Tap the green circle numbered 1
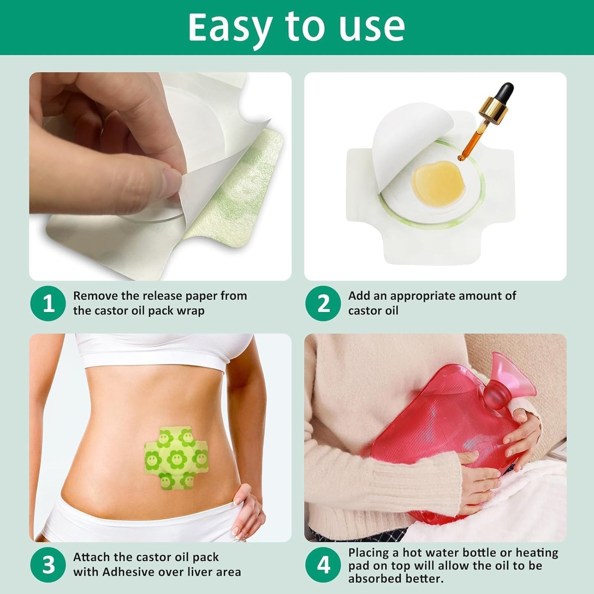click(x=48, y=303)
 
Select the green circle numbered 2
click(x=323, y=303)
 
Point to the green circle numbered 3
click(x=48, y=565)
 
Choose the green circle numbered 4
click(x=323, y=565)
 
